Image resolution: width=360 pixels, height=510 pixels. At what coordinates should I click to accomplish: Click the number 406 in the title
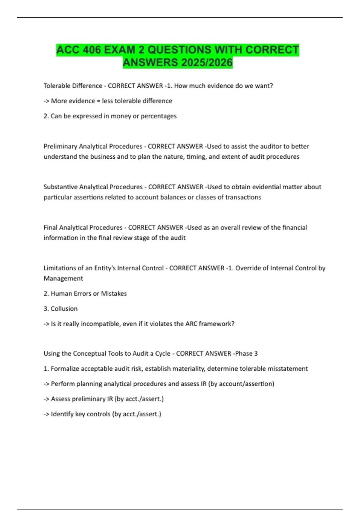(x=92, y=50)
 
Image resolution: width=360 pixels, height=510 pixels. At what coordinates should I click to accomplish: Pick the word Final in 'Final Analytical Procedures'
(x=50, y=227)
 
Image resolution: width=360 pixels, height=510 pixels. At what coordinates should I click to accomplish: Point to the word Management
(x=63, y=278)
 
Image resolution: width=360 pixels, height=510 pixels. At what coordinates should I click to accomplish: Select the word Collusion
(x=64, y=309)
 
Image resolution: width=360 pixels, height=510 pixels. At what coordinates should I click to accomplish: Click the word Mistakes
(x=114, y=293)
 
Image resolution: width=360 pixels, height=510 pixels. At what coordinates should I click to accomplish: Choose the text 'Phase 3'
(x=246, y=353)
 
